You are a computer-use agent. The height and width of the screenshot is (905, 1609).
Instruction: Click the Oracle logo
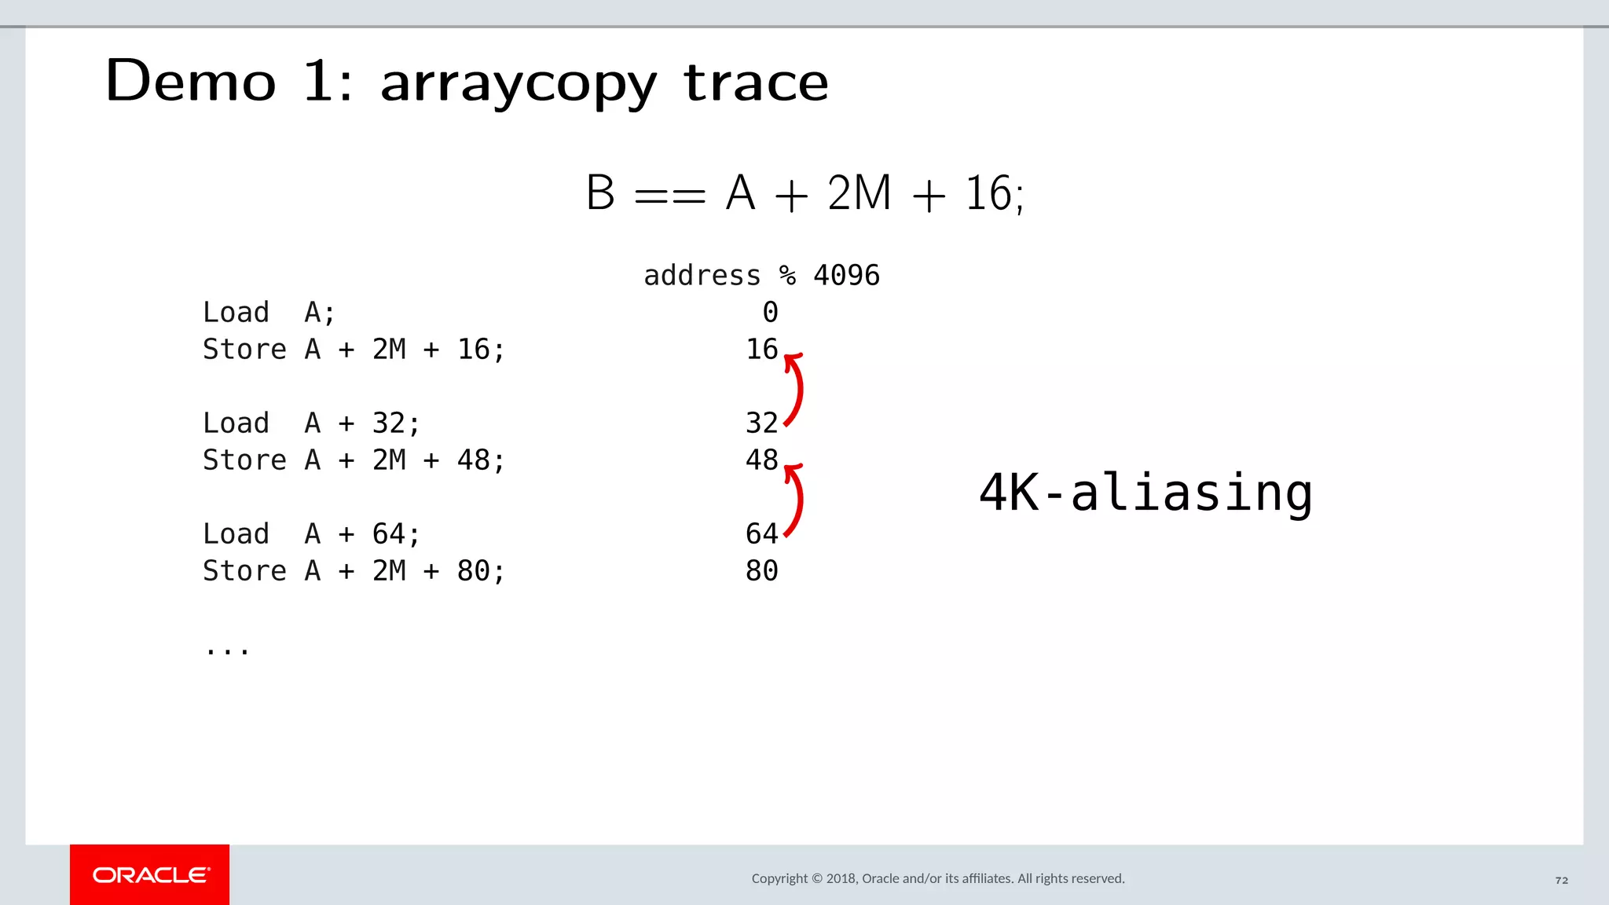point(150,875)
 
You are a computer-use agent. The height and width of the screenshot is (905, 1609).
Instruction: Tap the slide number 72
point(1561,880)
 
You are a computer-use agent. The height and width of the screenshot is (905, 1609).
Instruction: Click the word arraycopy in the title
point(518,83)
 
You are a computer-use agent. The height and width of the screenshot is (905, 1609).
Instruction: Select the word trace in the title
point(756,82)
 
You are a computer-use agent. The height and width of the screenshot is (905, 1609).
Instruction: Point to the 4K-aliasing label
point(1145,493)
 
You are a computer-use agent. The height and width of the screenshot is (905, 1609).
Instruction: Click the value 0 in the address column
point(770,313)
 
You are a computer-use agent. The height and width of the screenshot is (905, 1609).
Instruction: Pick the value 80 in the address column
point(761,571)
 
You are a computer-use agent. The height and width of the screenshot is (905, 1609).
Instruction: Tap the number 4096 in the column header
point(846,276)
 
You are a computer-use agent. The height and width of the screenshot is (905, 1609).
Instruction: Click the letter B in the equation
point(600,193)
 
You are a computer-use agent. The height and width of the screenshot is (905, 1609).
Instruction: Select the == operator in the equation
point(669,195)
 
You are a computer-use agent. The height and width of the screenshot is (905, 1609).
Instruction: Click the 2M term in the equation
point(859,193)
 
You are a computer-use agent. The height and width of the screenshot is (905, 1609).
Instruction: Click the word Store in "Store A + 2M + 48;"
point(244,460)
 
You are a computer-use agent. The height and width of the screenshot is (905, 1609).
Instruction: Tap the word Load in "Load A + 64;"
point(236,534)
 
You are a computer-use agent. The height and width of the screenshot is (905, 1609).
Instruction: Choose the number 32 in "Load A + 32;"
point(389,423)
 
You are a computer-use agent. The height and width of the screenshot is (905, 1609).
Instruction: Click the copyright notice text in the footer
point(937,878)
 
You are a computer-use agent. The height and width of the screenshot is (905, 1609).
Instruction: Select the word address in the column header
point(702,276)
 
